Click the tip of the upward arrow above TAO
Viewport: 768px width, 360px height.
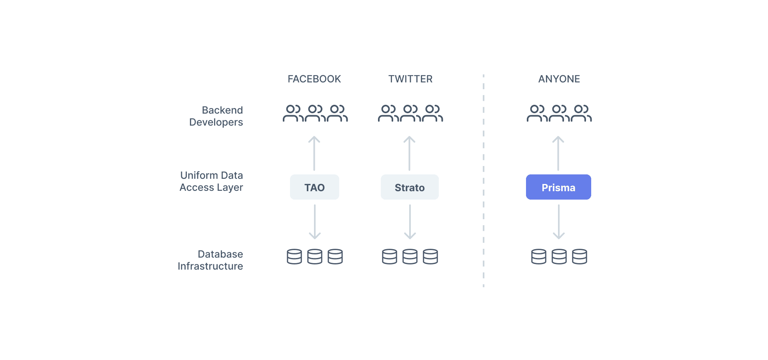click(x=314, y=137)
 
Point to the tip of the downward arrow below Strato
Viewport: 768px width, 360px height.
click(x=410, y=239)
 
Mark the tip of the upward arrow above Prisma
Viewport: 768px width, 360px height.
click(x=558, y=137)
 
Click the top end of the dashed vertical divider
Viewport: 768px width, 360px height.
click(x=484, y=74)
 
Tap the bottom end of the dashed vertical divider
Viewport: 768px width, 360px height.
click(x=484, y=287)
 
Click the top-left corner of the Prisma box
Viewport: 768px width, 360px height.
click(x=526, y=175)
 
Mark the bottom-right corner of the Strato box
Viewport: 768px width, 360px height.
click(x=438, y=199)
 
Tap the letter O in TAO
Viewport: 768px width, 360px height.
click(x=320, y=188)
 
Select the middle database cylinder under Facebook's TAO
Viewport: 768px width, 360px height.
click(x=315, y=257)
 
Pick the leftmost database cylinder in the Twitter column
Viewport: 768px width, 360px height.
click(x=390, y=257)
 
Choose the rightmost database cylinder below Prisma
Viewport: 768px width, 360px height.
click(x=580, y=257)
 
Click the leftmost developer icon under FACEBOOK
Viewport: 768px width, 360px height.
click(x=293, y=113)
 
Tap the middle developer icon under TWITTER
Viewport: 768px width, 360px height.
click(x=410, y=113)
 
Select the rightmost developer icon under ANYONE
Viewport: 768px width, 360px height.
click(x=581, y=113)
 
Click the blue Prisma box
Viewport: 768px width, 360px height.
click(x=558, y=187)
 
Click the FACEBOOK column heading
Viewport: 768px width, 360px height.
click(x=314, y=79)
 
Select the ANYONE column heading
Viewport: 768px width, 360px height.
click(x=559, y=79)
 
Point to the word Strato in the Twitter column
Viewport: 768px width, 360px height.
click(x=410, y=188)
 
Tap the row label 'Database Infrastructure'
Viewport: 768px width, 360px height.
click(x=210, y=260)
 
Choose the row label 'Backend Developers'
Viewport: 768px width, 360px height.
click(x=216, y=116)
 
